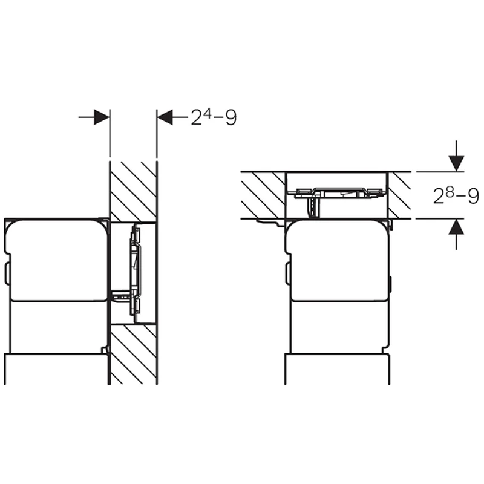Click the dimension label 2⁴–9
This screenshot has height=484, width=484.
pos(214,117)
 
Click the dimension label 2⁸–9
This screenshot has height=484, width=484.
pos(456,195)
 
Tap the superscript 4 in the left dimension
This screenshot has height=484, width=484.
pos(208,114)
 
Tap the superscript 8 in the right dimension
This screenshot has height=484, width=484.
pos(450,192)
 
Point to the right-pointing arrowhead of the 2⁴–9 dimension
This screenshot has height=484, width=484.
pos(102,117)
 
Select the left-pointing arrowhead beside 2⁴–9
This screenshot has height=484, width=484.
pos(165,117)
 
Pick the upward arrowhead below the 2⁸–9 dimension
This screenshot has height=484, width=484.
pos(456,227)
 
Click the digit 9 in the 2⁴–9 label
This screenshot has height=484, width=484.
pos(231,118)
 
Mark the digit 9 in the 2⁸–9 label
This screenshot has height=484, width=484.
pos(474,196)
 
